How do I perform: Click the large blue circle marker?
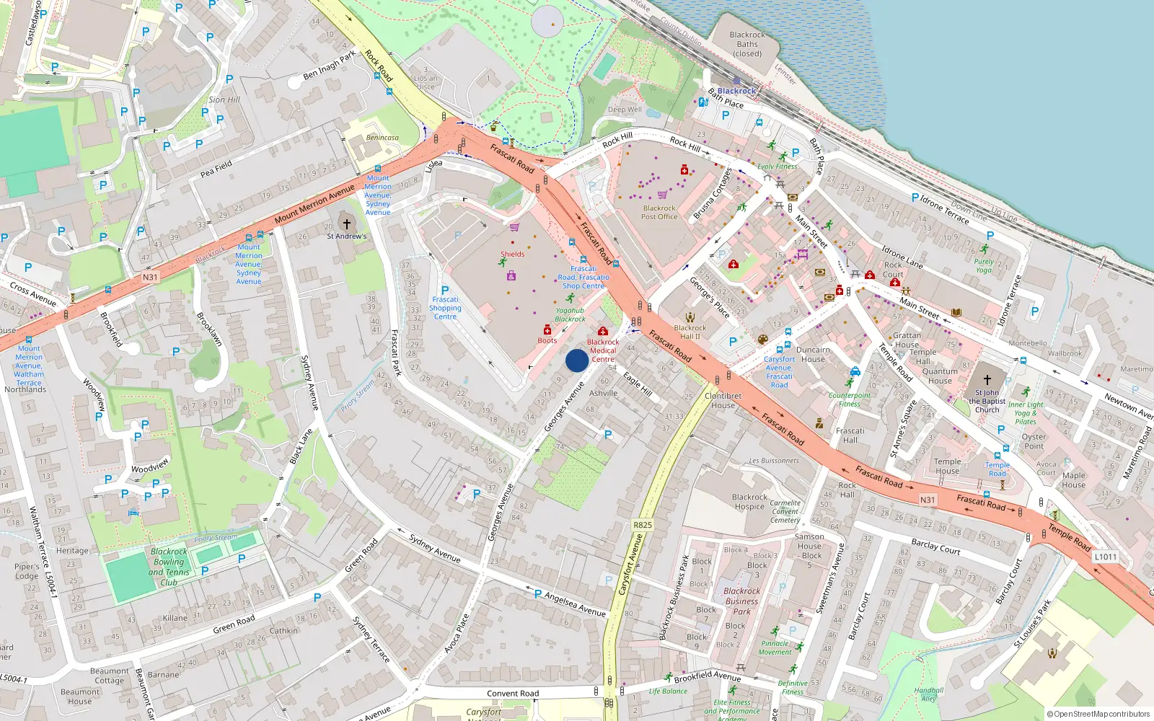[x=576, y=360]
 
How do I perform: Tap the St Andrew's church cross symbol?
[x=346, y=224]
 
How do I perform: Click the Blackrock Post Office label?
[x=659, y=212]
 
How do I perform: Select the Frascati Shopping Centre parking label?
[x=445, y=308]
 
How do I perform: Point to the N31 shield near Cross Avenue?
[x=149, y=277]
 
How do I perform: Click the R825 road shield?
[x=642, y=525]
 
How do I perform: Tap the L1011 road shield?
[x=1105, y=557]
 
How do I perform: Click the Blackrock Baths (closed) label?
[x=747, y=44]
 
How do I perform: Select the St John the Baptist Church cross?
[x=987, y=379]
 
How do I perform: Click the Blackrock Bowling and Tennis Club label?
[x=169, y=567]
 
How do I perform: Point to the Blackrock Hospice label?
[x=749, y=502]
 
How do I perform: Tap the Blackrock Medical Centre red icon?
[x=603, y=332]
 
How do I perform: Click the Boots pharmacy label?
[x=547, y=340]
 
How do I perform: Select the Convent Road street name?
[x=512, y=694]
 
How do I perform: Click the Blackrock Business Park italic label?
[x=741, y=601]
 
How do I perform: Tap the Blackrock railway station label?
[x=736, y=91]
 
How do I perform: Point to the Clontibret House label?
[x=723, y=400]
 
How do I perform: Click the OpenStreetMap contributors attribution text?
[x=1098, y=715]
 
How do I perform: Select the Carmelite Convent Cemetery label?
[x=785, y=511]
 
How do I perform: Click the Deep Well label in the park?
[x=624, y=110]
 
